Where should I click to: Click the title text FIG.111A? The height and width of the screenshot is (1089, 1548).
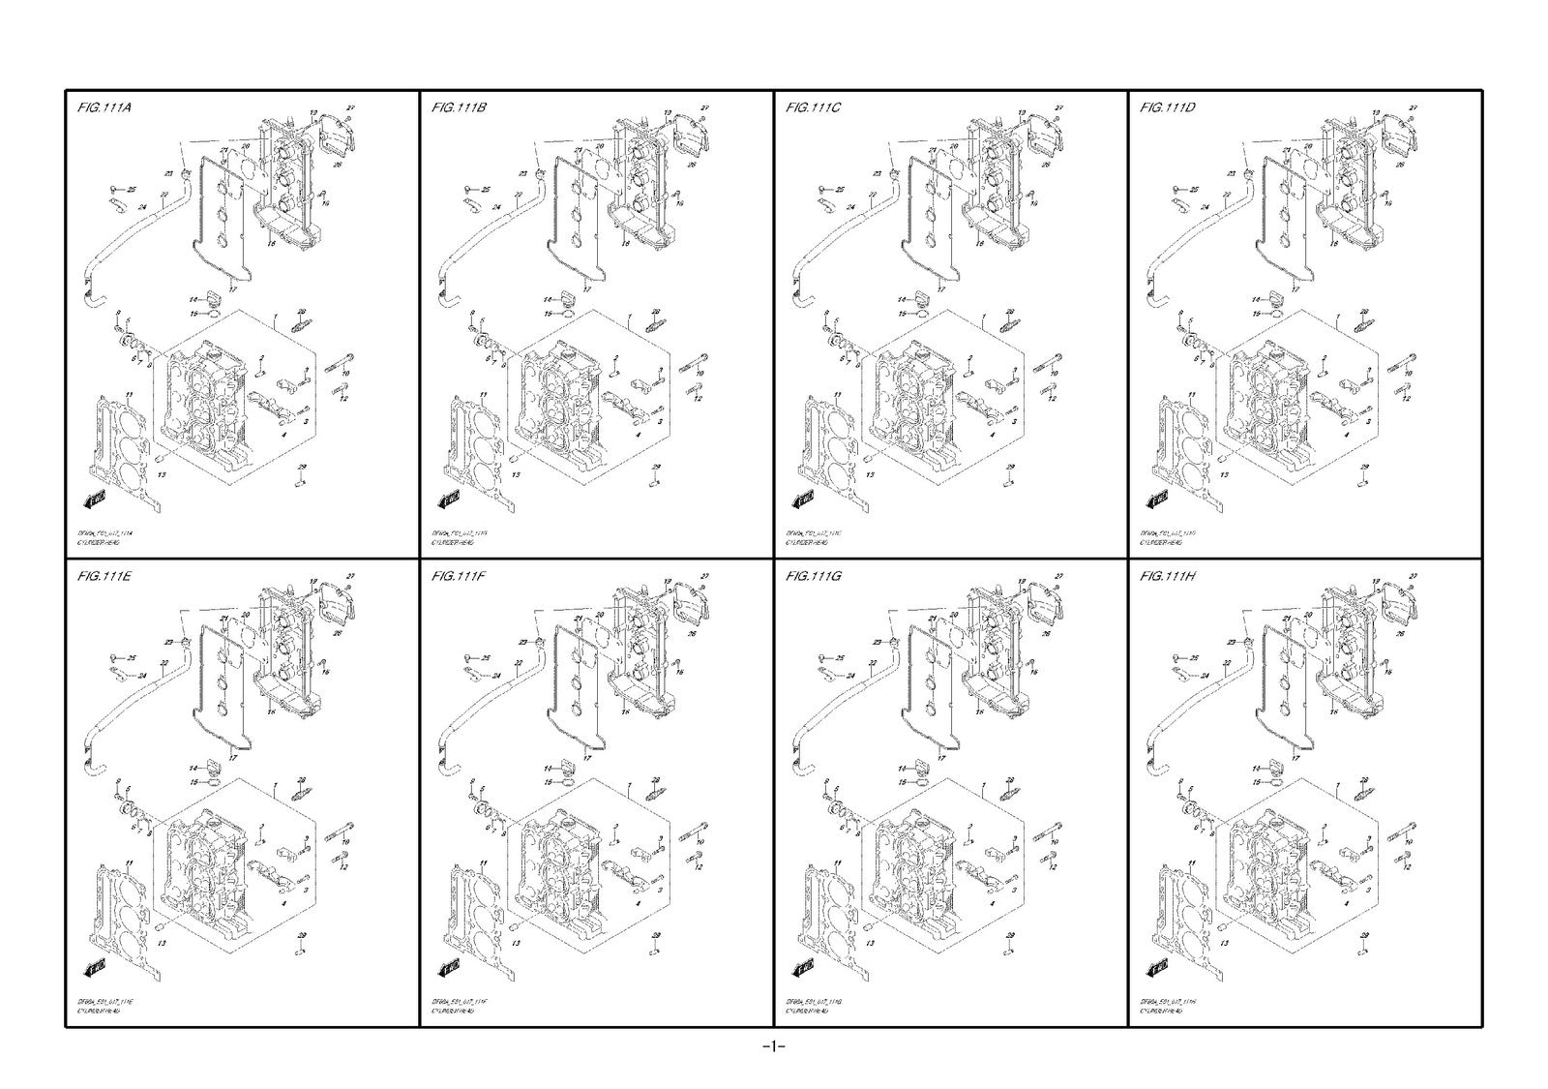click(x=104, y=107)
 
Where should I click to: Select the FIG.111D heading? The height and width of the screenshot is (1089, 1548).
click(x=1168, y=107)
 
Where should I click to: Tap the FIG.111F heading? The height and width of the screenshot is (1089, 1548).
click(x=459, y=576)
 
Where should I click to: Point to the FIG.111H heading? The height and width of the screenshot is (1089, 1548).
click(x=1168, y=576)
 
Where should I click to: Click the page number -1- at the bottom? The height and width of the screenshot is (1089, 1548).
click(x=773, y=1046)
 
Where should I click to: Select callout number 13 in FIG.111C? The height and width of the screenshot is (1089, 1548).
click(x=870, y=475)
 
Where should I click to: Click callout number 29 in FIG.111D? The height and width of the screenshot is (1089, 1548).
click(x=1365, y=468)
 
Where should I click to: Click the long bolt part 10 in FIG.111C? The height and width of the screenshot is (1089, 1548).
click(x=1047, y=362)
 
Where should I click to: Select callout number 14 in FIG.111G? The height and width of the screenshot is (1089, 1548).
click(x=903, y=768)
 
